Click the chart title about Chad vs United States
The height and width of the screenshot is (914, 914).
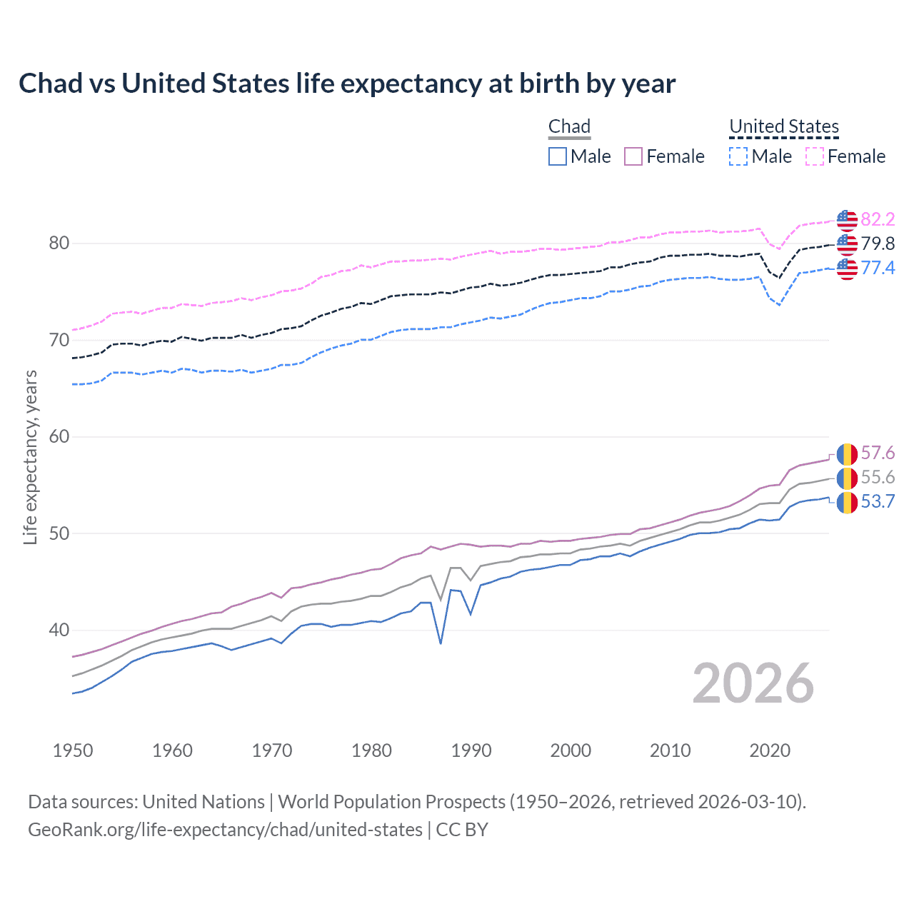click(x=347, y=84)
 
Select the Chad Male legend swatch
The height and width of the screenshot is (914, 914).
click(x=558, y=156)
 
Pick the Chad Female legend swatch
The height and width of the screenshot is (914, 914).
click(x=633, y=156)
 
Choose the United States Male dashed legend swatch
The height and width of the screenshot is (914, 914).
click(x=738, y=156)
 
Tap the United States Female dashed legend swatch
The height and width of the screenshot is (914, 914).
click(x=815, y=156)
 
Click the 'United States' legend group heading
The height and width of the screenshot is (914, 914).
click(x=784, y=126)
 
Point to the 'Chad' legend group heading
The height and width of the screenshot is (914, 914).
click(x=569, y=126)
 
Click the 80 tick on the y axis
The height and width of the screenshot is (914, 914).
click(x=59, y=243)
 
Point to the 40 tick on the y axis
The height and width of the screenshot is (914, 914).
click(x=59, y=631)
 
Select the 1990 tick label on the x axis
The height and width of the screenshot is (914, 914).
click(x=471, y=750)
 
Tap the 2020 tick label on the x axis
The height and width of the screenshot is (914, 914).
click(x=770, y=750)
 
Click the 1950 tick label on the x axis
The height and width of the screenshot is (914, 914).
click(x=73, y=750)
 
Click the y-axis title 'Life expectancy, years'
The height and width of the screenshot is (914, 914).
click(x=31, y=457)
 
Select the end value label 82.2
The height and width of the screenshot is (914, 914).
click(x=878, y=219)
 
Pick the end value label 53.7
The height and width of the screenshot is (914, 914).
click(x=878, y=502)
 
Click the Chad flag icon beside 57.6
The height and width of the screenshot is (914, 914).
click(x=847, y=453)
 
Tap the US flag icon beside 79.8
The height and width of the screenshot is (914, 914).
click(x=847, y=244)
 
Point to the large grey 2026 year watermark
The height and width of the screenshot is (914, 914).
click(x=753, y=683)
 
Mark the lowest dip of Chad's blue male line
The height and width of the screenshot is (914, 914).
click(x=441, y=643)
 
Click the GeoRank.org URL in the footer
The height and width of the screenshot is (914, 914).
click(x=225, y=830)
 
